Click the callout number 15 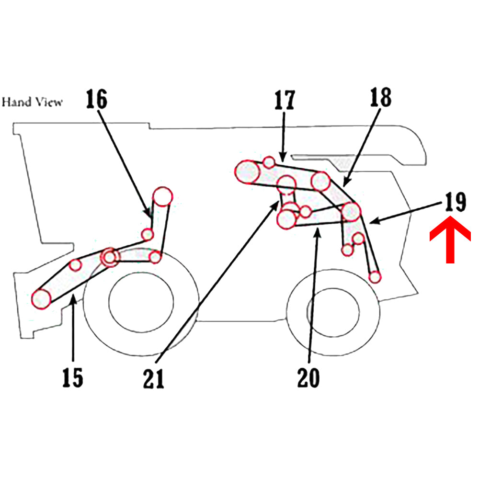pyautogui.click(x=73, y=378)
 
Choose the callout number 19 pyautogui.click(x=455, y=202)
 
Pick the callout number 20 pyautogui.click(x=308, y=378)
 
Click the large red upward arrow pyautogui.click(x=450, y=239)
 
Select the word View pyautogui.click(x=47, y=102)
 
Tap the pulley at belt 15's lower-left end pyautogui.click(x=41, y=298)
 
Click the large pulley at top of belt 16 pyautogui.click(x=162, y=196)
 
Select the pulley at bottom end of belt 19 pyautogui.click(x=375, y=276)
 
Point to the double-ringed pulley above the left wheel pyautogui.click(x=110, y=257)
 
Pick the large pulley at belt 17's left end pyautogui.click(x=247, y=172)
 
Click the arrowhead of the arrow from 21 pyautogui.click(x=277, y=204)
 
